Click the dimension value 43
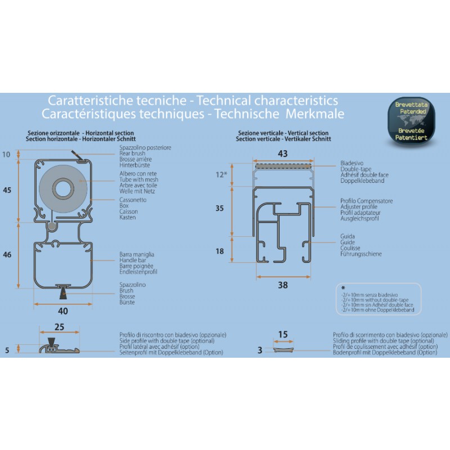(x=282, y=154)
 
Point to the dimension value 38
(x=282, y=285)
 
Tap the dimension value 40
(x=63, y=310)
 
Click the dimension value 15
(x=283, y=335)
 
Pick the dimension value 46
(x=7, y=255)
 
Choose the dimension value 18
(x=219, y=251)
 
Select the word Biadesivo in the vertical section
(x=352, y=163)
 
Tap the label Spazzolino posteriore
(x=145, y=148)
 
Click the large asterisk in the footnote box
(x=344, y=287)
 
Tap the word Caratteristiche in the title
(x=82, y=101)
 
